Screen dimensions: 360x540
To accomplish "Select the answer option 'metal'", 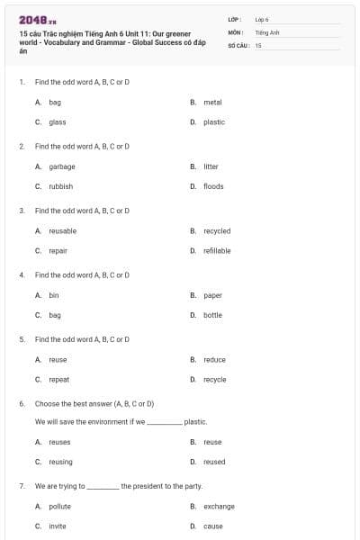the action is (212, 103).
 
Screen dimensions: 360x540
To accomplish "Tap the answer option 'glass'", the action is (58, 122).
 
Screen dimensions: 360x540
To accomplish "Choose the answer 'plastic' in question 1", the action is (214, 122).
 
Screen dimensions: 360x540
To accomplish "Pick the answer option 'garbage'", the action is (62, 166).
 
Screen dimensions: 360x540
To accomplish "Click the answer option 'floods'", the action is (213, 186).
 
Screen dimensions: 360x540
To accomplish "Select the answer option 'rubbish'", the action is (61, 186).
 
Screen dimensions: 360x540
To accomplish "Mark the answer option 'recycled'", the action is (217, 231).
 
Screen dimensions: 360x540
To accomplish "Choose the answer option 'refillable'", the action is (217, 251).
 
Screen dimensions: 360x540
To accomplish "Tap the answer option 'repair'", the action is (58, 251).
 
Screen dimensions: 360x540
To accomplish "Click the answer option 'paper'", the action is (212, 295).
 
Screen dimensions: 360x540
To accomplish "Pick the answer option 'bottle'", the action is (212, 315).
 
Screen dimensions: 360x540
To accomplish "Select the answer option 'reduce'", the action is (214, 360).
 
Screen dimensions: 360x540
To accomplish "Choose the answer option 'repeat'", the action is (58, 380).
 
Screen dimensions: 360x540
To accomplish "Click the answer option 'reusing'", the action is (60, 462).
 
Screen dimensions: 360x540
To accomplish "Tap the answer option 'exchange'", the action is (219, 507).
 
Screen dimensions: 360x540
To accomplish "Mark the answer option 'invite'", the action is (58, 526).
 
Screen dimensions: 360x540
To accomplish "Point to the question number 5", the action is (22, 340).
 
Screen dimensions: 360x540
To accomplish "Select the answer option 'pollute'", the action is (59, 507).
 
